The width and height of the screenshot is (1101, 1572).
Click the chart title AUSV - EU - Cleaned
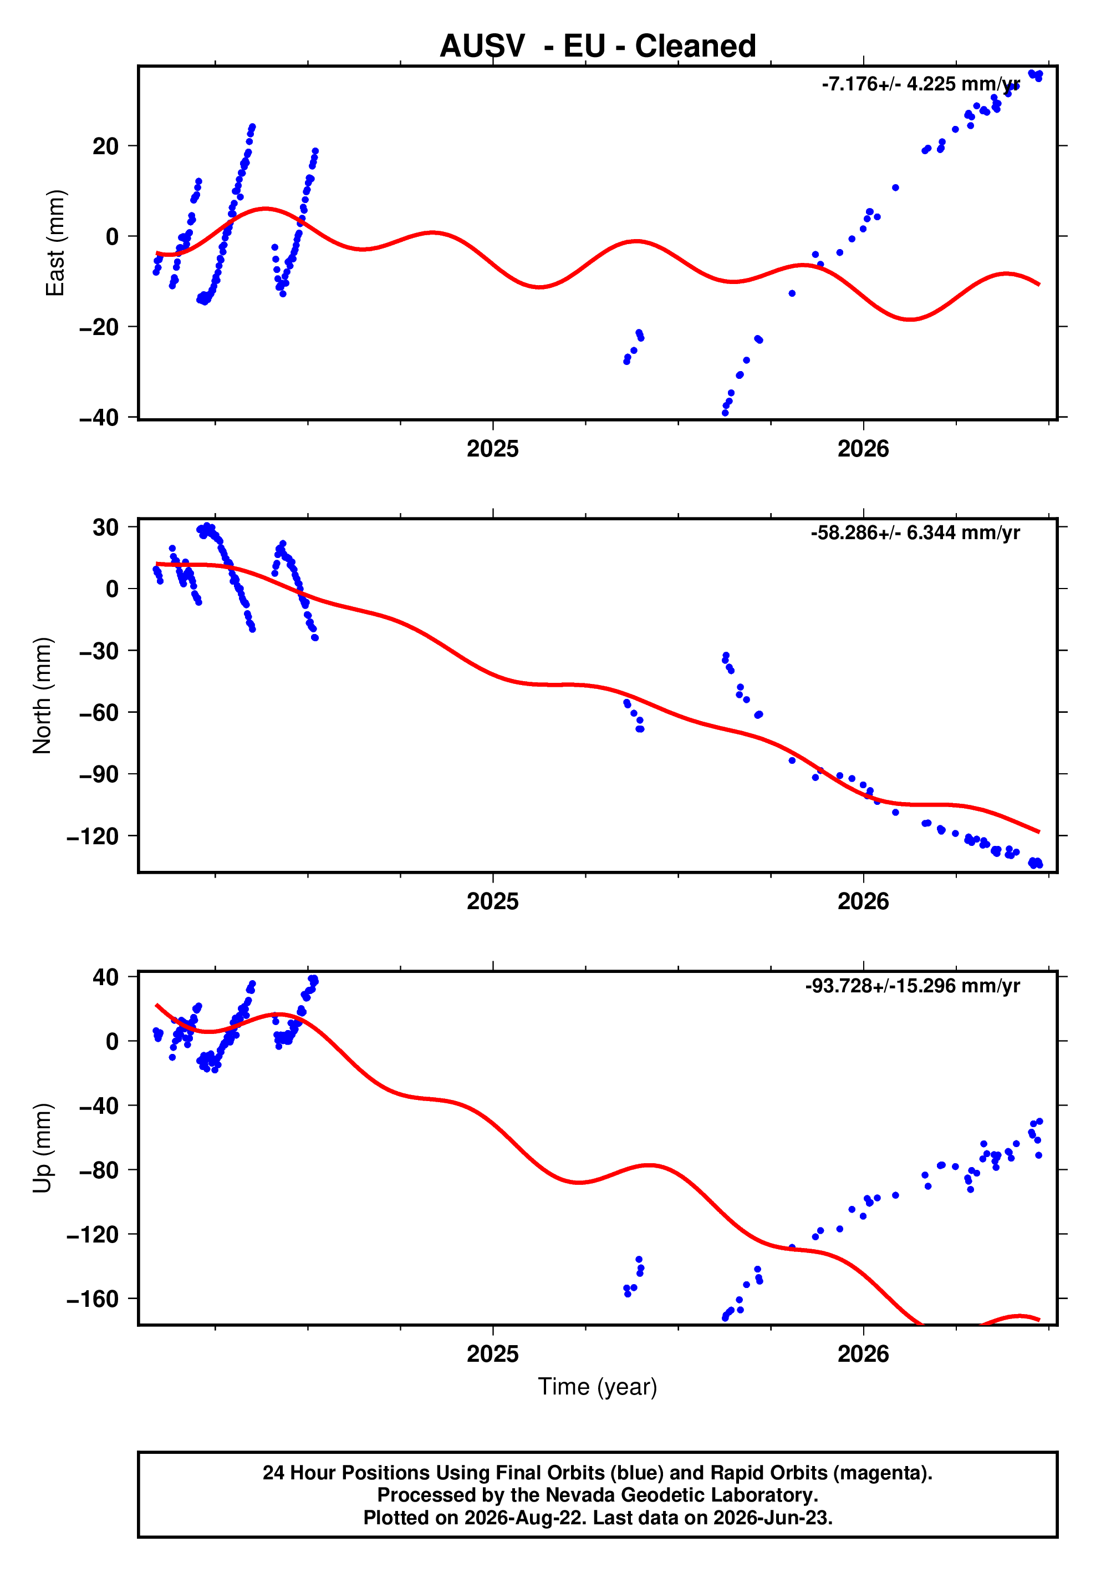(x=598, y=46)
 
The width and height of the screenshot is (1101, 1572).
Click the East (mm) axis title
(x=55, y=243)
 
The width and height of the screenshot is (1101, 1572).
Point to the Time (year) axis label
(x=598, y=1386)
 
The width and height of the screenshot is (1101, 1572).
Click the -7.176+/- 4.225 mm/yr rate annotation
(x=920, y=84)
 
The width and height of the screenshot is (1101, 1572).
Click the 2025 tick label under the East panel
(x=493, y=449)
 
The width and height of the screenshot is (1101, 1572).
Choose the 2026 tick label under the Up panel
(x=864, y=1354)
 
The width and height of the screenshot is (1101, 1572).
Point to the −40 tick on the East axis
(x=99, y=418)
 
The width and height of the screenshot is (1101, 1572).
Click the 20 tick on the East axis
(x=105, y=146)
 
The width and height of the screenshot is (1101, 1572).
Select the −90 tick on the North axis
(x=99, y=774)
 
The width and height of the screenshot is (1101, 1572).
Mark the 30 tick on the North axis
(x=105, y=527)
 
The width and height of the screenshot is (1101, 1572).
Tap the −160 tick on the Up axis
(x=93, y=1299)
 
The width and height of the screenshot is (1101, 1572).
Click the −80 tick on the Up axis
(x=99, y=1170)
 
